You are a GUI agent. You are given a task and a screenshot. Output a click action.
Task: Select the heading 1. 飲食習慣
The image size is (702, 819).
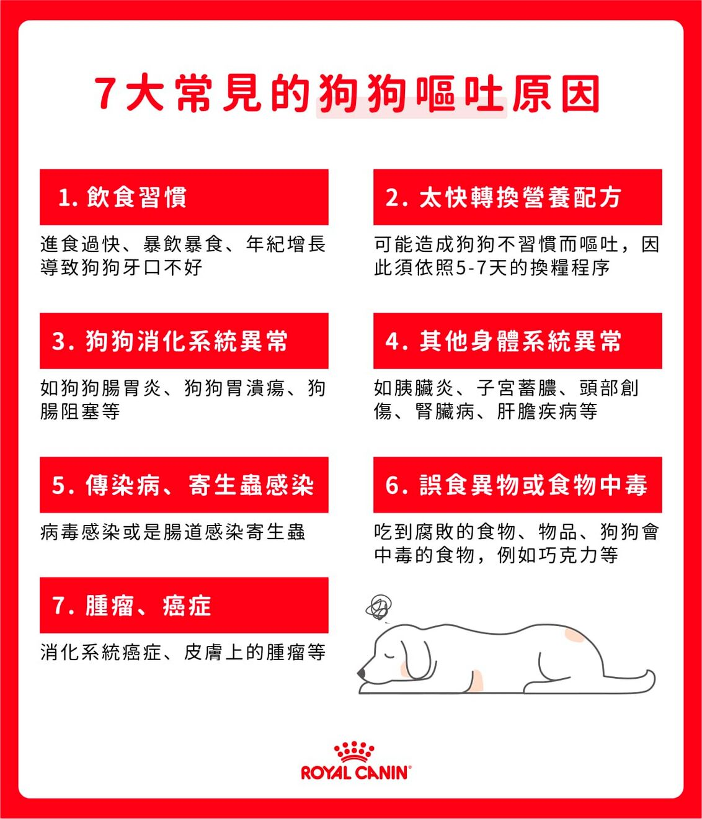122,197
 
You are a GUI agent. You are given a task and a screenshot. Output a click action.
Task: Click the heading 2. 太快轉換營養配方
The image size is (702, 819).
503,197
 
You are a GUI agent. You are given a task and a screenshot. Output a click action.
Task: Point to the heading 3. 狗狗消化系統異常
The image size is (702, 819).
170,341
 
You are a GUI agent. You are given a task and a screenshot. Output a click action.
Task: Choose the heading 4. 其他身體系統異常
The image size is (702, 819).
503,341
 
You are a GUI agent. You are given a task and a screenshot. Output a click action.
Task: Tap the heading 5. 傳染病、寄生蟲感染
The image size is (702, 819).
183,485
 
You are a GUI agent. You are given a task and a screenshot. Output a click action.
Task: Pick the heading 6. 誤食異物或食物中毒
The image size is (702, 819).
517,485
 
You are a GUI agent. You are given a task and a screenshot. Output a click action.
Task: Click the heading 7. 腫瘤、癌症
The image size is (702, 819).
131,605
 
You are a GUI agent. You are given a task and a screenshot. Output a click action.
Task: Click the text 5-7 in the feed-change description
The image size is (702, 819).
471,268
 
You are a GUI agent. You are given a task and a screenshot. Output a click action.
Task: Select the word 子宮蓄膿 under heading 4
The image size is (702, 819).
517,388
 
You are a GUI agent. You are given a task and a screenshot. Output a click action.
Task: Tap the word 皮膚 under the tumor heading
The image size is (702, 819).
203,652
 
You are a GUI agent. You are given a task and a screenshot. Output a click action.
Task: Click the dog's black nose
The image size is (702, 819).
361,673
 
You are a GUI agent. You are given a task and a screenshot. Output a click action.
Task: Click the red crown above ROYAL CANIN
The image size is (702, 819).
354,751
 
